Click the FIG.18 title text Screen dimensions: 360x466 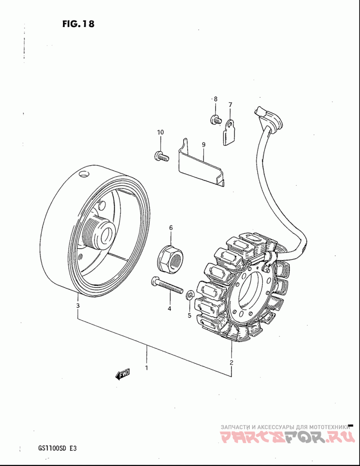79,24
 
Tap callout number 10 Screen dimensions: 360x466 161,132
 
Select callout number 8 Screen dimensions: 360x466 216,99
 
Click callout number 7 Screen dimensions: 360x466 230,105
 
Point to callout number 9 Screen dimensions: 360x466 203,145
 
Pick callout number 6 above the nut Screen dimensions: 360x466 171,228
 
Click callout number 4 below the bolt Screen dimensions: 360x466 170,309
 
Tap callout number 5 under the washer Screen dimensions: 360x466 189,315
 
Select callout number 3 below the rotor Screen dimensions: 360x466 78,306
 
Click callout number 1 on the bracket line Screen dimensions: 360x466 146,367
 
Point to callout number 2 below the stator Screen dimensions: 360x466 231,362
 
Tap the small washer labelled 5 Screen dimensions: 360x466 190,296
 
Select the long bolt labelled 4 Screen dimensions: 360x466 166,285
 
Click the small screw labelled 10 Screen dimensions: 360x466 161,157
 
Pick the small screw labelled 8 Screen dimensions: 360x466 215,119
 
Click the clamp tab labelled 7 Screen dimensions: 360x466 229,133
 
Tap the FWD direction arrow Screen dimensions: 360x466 122,374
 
